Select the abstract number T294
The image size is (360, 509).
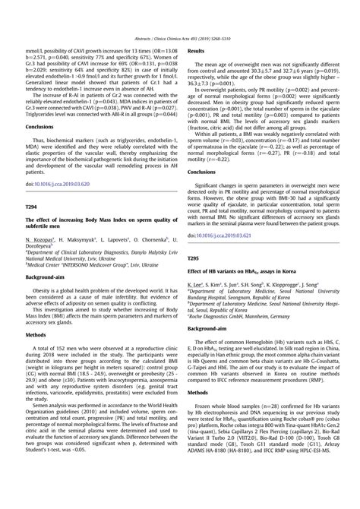[33, 205]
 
